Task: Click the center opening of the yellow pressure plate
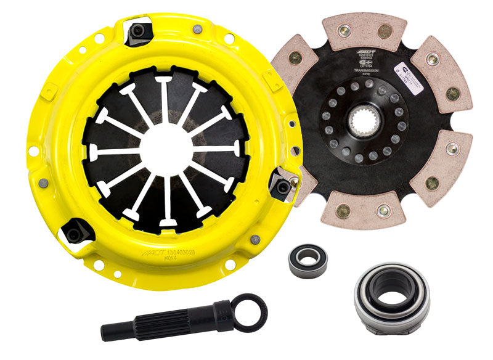pos(165,148)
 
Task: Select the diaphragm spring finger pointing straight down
pos(165,203)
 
